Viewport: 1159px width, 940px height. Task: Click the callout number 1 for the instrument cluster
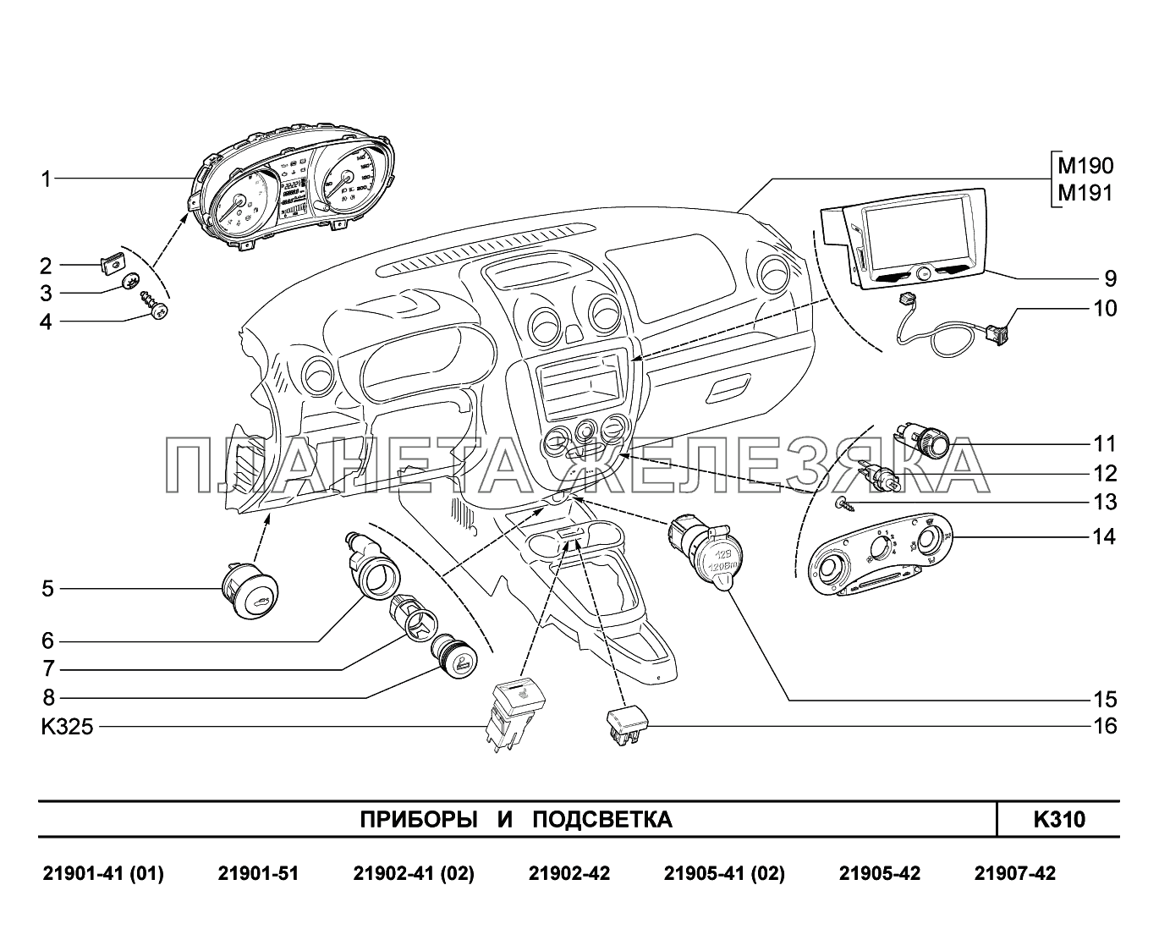pos(47,179)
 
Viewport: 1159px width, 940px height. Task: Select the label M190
pos(1085,166)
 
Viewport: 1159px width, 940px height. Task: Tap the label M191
pos(1085,193)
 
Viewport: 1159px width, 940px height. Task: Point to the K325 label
pos(67,727)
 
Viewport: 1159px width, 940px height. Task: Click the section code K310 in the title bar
pos(1059,820)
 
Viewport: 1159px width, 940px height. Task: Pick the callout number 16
pos(1106,727)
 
